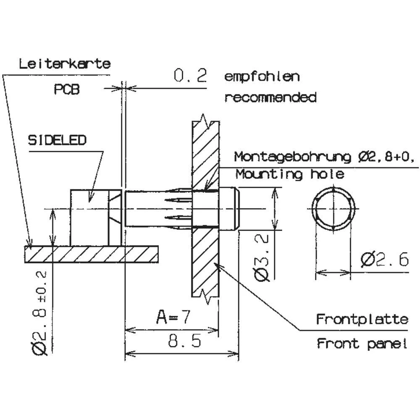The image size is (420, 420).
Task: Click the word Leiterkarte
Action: (x=65, y=64)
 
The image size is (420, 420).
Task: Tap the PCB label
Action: (x=67, y=89)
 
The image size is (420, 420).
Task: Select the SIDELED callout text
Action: (x=57, y=140)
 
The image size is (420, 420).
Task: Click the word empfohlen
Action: (x=262, y=77)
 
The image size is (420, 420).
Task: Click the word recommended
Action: (x=270, y=98)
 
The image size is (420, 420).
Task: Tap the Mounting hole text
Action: (x=289, y=174)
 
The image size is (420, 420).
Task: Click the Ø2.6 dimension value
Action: (x=384, y=260)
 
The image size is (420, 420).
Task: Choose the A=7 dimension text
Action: (x=173, y=317)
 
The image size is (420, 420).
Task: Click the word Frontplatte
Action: (x=362, y=319)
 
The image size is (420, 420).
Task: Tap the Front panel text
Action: (x=362, y=344)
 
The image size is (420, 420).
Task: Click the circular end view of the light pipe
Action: (x=333, y=209)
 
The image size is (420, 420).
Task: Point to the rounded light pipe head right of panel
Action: (x=229, y=209)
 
